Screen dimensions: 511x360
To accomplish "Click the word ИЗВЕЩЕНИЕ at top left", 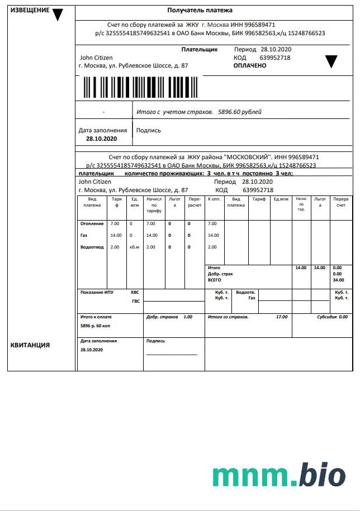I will pos(30,11).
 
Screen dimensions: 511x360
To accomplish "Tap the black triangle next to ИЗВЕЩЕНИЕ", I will pos(58,15).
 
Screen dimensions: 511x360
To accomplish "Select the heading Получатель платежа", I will pos(200,10).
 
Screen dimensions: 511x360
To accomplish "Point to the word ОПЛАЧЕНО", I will pos(250,65).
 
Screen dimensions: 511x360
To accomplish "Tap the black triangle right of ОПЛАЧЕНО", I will pos(331,61).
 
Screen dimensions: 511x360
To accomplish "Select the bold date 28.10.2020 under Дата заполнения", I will pos(102,138).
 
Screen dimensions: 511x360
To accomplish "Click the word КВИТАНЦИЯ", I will pos(30,345).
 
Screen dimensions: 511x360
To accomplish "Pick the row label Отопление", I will pos(92,223).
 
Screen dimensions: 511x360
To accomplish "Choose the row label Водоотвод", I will pos(92,247).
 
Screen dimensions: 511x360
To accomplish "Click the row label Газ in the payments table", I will pos(84,235).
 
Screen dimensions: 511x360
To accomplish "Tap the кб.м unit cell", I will pos(134,247).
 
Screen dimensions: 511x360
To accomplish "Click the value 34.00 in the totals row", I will pos(338,280).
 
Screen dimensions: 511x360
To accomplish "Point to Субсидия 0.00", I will pos(332,317).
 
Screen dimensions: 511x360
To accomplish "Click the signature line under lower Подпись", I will pos(172,354).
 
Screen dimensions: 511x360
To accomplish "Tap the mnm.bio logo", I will pos(279,475).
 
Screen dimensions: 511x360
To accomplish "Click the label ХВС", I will pos(135,292).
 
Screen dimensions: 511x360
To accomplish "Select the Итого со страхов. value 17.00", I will pos(282,317).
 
